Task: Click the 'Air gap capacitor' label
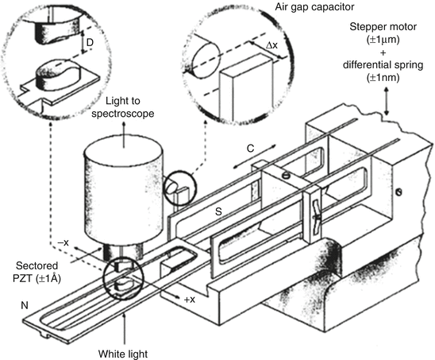coord(314,7)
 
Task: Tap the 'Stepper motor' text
coord(383,27)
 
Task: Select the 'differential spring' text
coord(383,65)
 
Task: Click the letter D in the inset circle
coord(90,43)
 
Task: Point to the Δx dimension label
coord(271,45)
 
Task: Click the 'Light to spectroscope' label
coord(122,107)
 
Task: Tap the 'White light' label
coord(123,354)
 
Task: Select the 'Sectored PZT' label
coord(37,272)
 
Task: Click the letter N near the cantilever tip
coord(25,305)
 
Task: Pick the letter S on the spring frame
coord(218,212)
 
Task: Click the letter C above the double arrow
coord(250,149)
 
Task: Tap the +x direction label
coord(190,300)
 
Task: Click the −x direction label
coord(63,242)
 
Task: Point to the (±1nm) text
coord(383,78)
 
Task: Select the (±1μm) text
coord(383,40)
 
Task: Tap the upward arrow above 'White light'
coord(125,329)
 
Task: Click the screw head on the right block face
coord(398,192)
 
